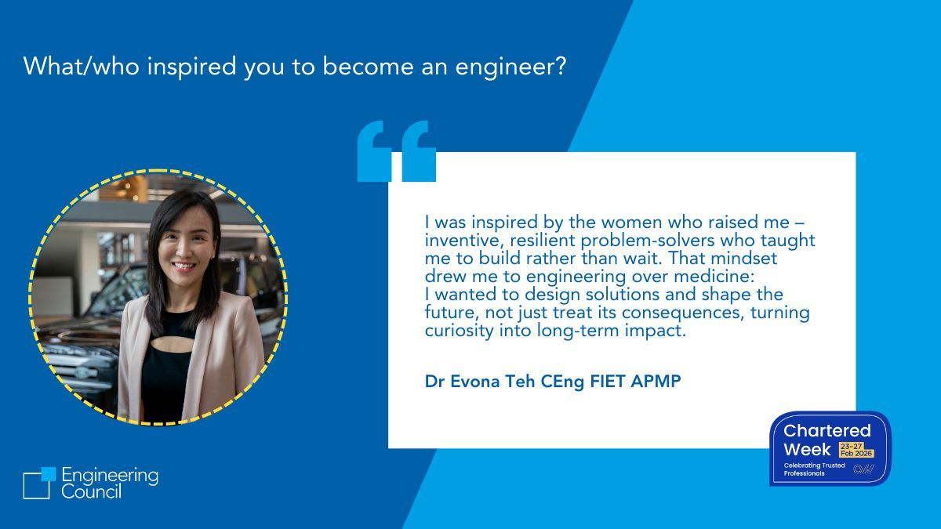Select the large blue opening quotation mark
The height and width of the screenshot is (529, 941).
coord(396,150)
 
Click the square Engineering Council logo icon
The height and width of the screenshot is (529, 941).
coord(38,482)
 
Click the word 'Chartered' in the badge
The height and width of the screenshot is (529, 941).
coord(827,430)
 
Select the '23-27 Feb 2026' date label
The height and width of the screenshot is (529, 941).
coord(856,450)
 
